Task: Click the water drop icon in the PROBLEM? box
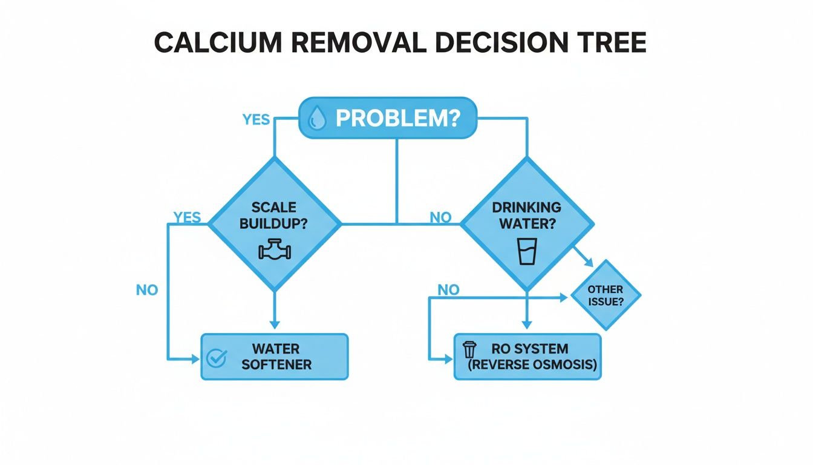click(x=316, y=118)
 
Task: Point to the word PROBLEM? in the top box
click(x=397, y=118)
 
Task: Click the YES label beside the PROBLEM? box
click(x=256, y=119)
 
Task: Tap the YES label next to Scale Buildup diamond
click(x=187, y=217)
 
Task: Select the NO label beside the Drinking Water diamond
click(x=440, y=217)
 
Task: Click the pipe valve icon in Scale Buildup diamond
click(x=275, y=250)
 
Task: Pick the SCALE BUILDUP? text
click(x=274, y=215)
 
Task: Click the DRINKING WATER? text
click(x=527, y=214)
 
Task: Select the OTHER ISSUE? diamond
click(x=606, y=295)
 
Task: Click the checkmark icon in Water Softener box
click(x=215, y=357)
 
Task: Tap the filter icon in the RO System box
click(x=469, y=351)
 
